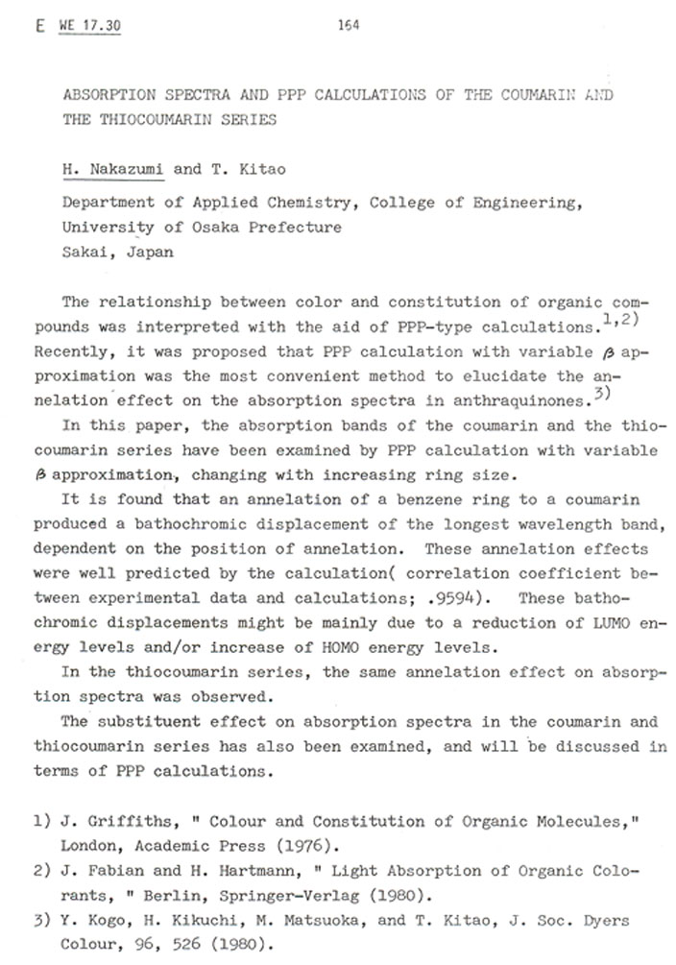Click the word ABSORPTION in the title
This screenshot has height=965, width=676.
pos(105,98)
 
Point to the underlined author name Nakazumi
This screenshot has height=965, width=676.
pos(126,171)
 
